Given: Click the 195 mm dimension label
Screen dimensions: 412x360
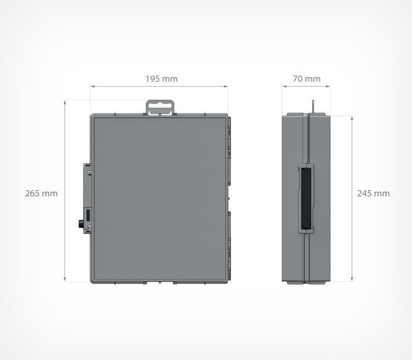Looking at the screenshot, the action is [x=162, y=79].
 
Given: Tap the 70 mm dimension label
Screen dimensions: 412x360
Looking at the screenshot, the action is [x=307, y=79].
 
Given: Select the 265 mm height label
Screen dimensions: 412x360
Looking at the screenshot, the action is [x=41, y=193].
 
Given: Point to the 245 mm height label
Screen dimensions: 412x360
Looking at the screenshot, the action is [x=373, y=193].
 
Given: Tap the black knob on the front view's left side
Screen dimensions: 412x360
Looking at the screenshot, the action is [x=80, y=224].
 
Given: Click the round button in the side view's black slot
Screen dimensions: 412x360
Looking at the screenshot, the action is [x=306, y=224].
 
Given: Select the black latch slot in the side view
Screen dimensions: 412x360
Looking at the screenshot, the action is [x=306, y=198].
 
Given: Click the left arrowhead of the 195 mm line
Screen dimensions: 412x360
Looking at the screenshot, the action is [x=92, y=86].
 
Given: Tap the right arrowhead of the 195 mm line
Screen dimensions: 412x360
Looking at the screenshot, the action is [x=226, y=86].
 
